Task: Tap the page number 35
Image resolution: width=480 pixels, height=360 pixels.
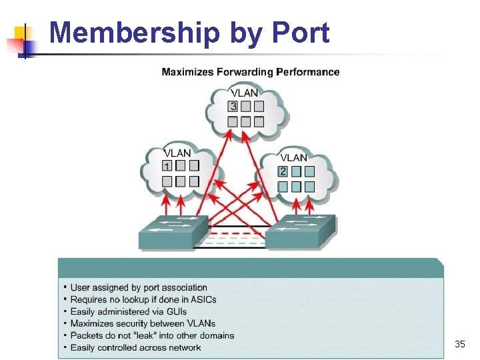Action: point(459,344)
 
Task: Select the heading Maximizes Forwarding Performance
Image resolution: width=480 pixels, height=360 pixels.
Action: point(250,72)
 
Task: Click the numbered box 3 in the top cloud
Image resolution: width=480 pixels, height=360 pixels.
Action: point(233,106)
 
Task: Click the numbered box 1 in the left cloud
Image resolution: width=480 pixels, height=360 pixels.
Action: point(167,166)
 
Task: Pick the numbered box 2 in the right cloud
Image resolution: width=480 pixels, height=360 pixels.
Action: point(283,171)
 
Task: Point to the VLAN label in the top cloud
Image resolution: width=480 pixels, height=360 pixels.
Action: point(244,93)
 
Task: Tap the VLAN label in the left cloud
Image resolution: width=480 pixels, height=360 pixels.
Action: point(177,153)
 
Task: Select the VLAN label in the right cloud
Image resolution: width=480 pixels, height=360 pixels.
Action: point(293,158)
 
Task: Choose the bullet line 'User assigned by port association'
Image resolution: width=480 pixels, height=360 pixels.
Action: point(139,288)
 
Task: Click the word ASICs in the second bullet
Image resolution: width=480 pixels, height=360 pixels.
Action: point(203,300)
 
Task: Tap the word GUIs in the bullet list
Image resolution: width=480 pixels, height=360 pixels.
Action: point(175,311)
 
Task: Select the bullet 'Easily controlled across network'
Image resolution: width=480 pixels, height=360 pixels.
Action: point(135,347)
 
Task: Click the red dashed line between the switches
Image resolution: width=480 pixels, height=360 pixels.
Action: point(237,234)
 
